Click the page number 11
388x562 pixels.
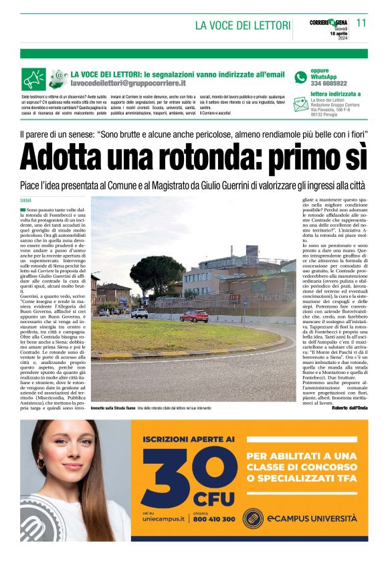[x=361, y=23]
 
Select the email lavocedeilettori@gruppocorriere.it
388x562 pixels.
[x=128, y=83]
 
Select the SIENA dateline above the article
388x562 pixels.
[x=27, y=200]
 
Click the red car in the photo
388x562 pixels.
[x=194, y=316]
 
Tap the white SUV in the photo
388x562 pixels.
[x=139, y=312]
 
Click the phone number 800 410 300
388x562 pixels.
[x=213, y=519]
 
